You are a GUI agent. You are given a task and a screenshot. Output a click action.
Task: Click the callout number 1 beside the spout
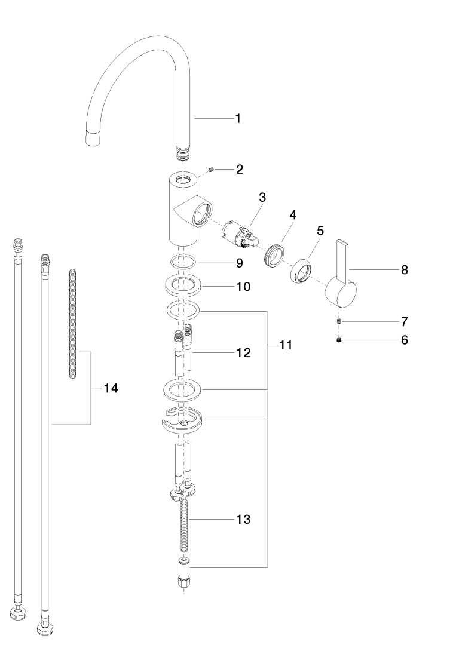click(x=238, y=118)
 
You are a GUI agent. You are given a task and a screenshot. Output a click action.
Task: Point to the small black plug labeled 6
click(x=339, y=340)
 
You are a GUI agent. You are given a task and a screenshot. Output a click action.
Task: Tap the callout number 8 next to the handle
click(x=404, y=270)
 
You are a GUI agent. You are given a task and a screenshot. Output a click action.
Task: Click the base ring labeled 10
click(x=183, y=285)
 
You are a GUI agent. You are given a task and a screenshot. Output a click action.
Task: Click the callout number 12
click(x=243, y=352)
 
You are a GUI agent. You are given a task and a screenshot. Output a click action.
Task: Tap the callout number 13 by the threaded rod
click(x=243, y=519)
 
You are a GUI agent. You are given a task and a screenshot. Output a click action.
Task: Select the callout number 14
click(x=111, y=388)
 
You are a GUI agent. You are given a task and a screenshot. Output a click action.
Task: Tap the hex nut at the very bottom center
click(x=183, y=582)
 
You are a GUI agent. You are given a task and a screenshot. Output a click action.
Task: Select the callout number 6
click(x=404, y=340)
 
